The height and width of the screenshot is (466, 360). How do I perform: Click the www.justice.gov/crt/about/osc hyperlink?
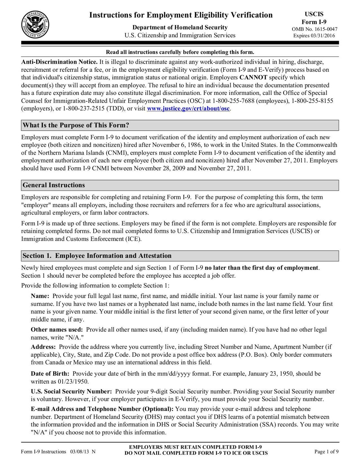pos(188,109)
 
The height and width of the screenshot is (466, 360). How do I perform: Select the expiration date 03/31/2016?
pos(322,36)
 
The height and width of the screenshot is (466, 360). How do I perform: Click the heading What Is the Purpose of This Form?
pos(76,125)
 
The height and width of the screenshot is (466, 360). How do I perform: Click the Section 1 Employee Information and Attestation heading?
pos(97,256)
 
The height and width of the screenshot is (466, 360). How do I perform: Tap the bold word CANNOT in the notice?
pos(253,78)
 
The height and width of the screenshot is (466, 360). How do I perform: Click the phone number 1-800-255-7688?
pos(233,101)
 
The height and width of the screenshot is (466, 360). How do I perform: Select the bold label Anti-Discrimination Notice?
pos(59,62)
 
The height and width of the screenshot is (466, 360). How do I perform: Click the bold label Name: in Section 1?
pos(40,296)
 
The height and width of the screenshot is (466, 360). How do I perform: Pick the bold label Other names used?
pos(57,330)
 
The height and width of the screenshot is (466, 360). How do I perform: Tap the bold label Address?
pos(43,347)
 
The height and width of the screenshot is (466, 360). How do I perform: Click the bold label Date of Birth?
pos(50,374)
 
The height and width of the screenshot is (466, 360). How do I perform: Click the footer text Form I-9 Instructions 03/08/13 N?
pos(58,452)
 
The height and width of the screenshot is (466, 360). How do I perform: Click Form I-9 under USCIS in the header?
pos(314,22)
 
